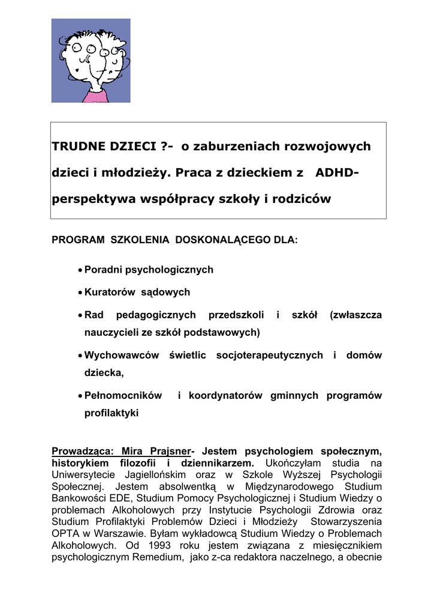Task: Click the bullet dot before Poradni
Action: click(x=80, y=270)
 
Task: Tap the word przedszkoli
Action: click(x=236, y=315)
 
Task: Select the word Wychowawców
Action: click(x=122, y=356)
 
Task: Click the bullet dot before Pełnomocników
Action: click(x=80, y=396)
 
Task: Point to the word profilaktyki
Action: click(x=111, y=413)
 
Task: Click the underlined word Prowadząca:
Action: click(x=83, y=450)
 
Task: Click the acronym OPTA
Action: click(x=65, y=533)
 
